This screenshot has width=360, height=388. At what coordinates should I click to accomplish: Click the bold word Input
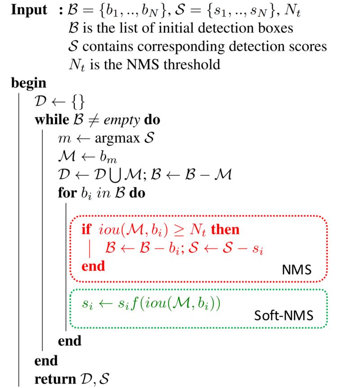(x=29, y=10)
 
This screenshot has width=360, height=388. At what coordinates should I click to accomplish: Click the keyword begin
(x=28, y=83)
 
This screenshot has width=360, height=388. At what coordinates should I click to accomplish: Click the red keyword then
(x=225, y=230)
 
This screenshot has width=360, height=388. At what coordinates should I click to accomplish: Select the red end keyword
(x=93, y=266)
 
